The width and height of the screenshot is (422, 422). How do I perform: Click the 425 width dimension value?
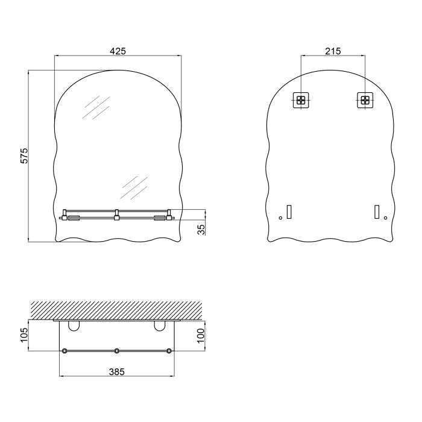tap(118, 51)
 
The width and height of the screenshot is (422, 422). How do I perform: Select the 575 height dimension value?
tap(25, 156)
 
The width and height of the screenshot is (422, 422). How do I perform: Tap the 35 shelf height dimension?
tap(201, 229)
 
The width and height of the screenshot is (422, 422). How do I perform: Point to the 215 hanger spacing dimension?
tap(333, 51)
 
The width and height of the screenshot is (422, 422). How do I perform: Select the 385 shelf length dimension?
tap(117, 372)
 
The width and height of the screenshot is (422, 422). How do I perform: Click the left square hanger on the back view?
tap(301, 99)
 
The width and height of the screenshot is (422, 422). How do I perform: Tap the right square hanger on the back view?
tap(365, 99)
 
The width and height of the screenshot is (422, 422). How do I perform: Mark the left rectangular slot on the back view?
tap(289, 212)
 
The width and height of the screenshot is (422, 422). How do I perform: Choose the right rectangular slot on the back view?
tap(376, 212)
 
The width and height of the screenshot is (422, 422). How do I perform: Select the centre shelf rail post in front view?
tap(116, 214)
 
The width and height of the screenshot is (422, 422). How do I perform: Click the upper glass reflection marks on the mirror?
tap(95, 108)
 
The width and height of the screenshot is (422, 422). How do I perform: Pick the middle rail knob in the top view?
tap(116, 351)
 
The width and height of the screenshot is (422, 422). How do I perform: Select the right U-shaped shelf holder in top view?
tap(160, 326)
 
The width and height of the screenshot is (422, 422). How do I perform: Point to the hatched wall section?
tap(116, 310)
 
